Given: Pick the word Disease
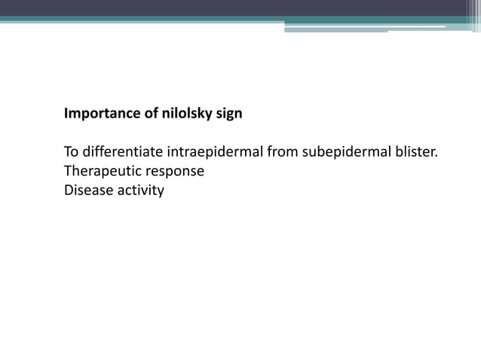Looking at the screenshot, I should coord(87,190).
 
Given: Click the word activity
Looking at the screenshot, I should coord(139,191).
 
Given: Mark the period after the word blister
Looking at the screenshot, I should coord(437,157).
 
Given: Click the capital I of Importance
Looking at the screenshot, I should coord(66,115).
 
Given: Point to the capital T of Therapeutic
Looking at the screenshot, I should coord(68,171).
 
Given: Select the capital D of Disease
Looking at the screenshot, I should coord(69,190).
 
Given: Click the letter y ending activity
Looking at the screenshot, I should coord(160,192).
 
